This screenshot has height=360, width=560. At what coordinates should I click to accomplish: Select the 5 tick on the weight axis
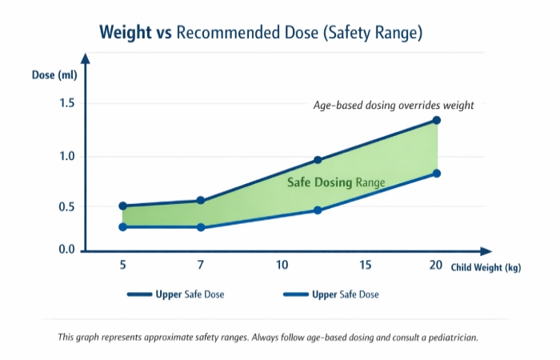122,266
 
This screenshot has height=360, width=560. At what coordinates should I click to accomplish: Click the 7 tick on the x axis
201,266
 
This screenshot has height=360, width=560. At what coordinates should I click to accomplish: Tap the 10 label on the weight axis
282,266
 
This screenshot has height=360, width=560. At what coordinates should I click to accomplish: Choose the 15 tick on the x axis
365,266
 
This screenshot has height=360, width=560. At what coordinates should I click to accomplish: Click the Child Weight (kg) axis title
486,268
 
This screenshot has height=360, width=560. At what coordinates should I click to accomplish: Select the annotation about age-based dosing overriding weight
394,105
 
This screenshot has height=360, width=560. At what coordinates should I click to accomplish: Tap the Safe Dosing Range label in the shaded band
336,182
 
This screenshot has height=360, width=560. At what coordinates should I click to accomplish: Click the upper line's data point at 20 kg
436,120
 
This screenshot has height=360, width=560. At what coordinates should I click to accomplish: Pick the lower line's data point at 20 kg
436,174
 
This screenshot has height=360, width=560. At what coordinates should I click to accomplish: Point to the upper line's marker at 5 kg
122,206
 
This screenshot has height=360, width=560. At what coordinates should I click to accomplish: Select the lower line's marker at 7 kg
201,227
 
